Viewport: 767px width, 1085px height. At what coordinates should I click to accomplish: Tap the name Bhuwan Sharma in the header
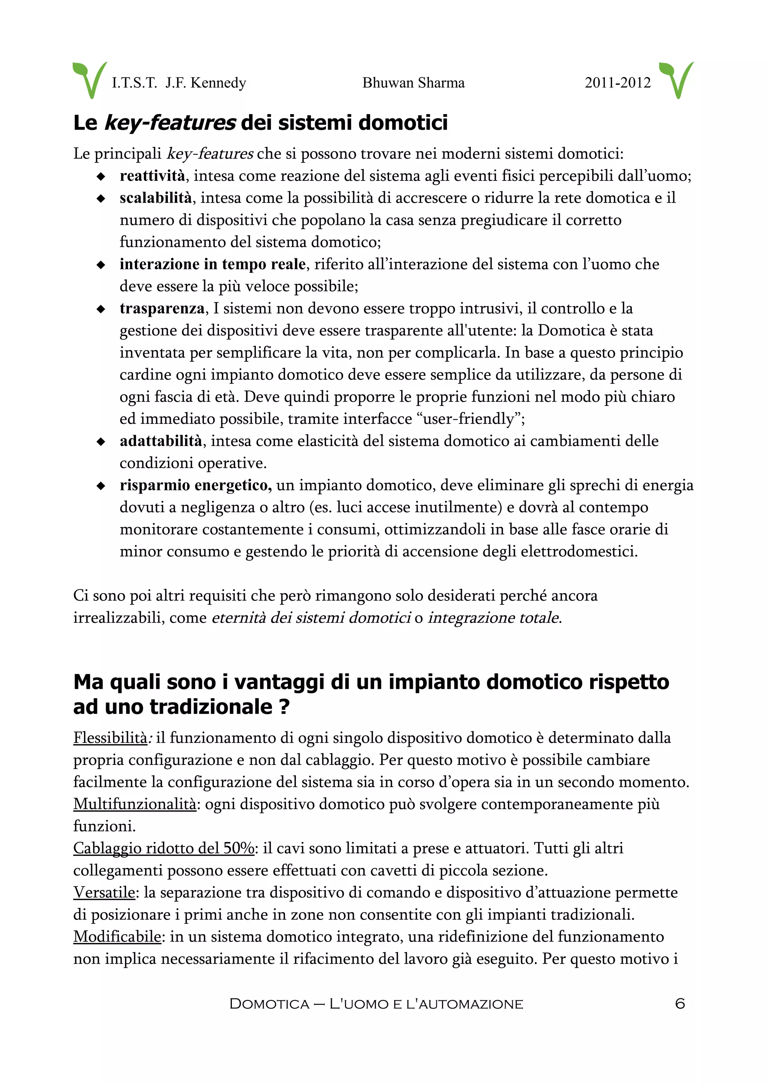(413, 83)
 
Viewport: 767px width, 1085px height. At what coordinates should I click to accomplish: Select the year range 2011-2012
(617, 83)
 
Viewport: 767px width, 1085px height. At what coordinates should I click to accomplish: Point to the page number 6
(680, 1003)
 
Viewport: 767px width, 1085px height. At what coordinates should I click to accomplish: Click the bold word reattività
(152, 176)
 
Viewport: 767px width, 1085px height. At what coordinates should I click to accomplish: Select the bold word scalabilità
(155, 198)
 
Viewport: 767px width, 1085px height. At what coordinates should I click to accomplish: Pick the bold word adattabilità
(161, 441)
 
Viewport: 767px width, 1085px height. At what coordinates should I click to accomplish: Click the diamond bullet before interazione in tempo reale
(101, 265)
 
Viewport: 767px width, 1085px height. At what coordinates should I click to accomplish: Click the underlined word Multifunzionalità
(135, 804)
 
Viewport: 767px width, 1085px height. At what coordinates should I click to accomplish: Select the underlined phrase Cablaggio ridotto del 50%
(164, 849)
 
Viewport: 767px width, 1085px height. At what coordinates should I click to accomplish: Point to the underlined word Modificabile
(117, 937)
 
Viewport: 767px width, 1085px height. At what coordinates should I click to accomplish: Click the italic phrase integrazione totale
(493, 618)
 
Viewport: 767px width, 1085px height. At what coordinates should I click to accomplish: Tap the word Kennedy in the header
(218, 83)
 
